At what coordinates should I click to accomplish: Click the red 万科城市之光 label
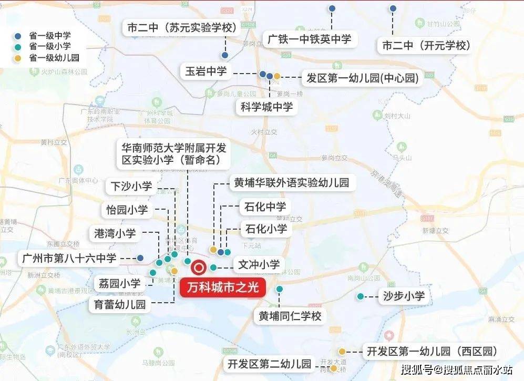pyautogui.click(x=223, y=287)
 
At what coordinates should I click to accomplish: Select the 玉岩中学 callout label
pyautogui.click(x=206, y=71)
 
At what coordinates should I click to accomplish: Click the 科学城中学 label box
pyautogui.click(x=266, y=107)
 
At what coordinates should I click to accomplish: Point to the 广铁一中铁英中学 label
pyautogui.click(x=310, y=39)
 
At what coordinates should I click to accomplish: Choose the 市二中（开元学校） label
pyautogui.click(x=424, y=46)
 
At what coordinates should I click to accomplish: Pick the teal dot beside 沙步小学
pyautogui.click(x=361, y=296)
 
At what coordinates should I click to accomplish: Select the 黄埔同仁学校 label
pyautogui.click(x=290, y=316)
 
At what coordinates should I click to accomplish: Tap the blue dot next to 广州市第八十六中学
pyautogui.click(x=140, y=258)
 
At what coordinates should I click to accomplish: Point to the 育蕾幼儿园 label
pyautogui.click(x=120, y=304)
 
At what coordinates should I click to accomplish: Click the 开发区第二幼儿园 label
pyautogui.click(x=270, y=363)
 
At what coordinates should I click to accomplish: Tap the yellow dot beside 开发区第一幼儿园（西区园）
pyautogui.click(x=342, y=352)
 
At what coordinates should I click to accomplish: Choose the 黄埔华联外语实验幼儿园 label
pyautogui.click(x=291, y=183)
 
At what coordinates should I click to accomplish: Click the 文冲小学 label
pyautogui.click(x=259, y=264)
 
